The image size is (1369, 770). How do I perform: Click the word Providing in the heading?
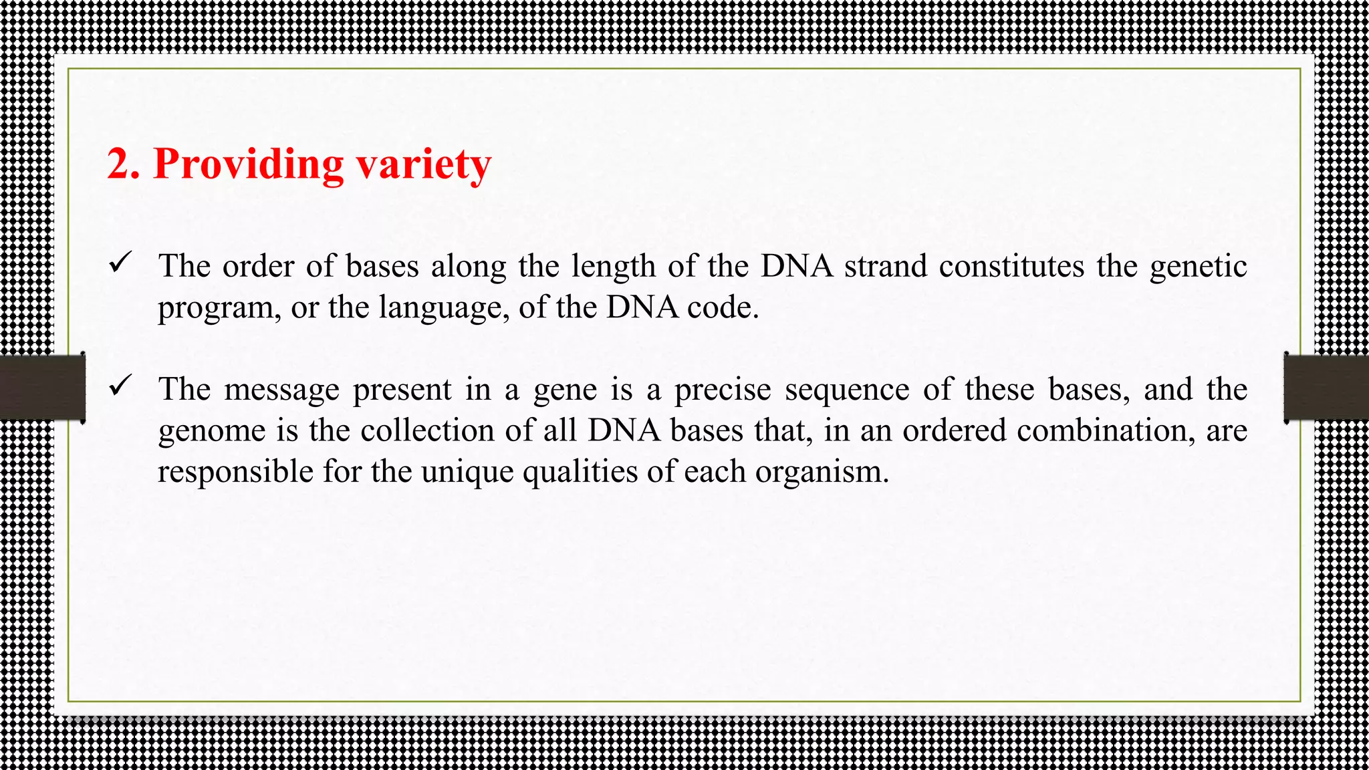click(x=248, y=164)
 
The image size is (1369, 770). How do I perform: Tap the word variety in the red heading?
click(x=424, y=164)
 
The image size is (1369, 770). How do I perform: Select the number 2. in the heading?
click(x=124, y=164)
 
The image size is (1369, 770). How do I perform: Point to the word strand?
click(x=886, y=266)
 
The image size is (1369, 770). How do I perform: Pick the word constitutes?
click(x=1011, y=266)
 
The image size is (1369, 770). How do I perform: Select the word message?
click(x=282, y=390)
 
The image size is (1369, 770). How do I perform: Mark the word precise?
click(x=723, y=390)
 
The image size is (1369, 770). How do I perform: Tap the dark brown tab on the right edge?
click(x=1326, y=388)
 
